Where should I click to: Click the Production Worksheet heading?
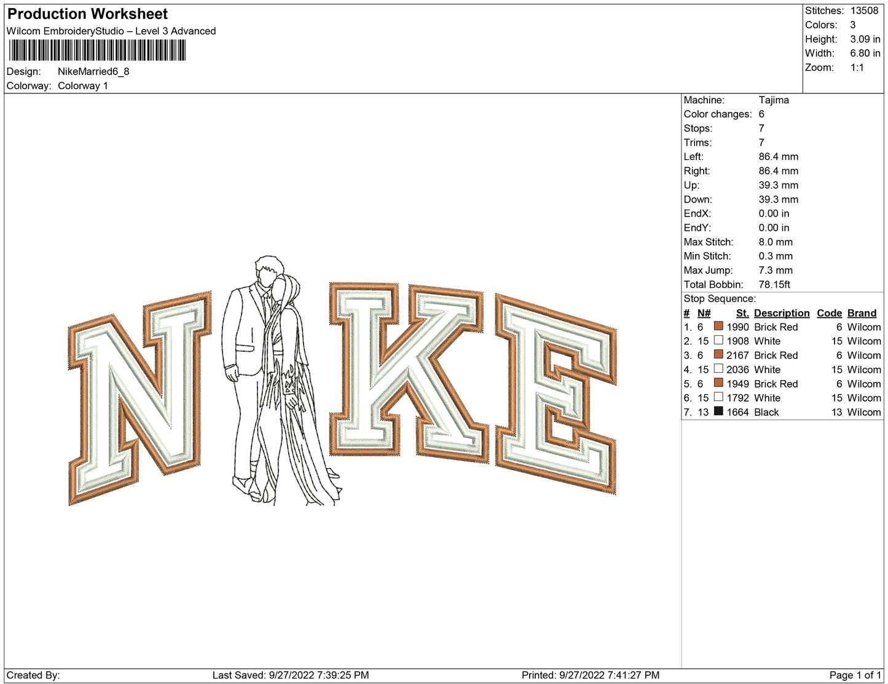tap(87, 14)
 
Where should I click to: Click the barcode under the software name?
tap(97, 50)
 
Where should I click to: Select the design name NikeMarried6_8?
tap(93, 71)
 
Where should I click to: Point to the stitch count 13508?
tap(864, 10)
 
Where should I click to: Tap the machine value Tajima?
tap(774, 100)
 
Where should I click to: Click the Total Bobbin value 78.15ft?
tap(774, 285)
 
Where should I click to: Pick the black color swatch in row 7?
tap(718, 412)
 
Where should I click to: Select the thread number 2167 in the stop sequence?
tap(737, 356)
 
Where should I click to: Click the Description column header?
tap(781, 313)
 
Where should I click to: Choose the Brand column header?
tap(862, 313)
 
